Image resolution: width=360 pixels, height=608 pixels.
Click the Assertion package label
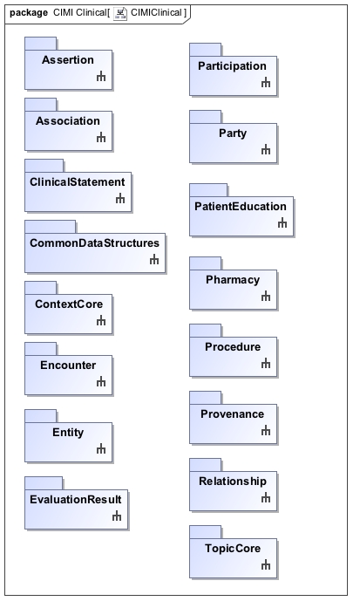(68, 60)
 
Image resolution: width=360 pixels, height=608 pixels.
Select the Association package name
(68, 121)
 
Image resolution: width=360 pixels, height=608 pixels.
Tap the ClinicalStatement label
(78, 182)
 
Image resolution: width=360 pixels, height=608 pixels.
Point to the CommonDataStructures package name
(94, 243)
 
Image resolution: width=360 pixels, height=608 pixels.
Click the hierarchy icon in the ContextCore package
(101, 321)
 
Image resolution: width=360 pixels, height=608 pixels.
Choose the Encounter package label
(68, 365)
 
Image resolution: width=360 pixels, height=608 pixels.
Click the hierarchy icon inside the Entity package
(101, 448)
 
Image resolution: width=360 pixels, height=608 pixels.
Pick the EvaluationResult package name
(76, 500)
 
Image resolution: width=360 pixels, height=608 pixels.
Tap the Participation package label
(232, 66)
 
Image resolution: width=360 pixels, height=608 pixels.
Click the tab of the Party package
(206, 117)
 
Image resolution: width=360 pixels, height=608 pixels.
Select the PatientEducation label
(241, 206)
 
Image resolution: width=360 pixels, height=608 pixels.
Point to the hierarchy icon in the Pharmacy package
(266, 297)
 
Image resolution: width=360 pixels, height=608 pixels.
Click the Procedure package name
(233, 347)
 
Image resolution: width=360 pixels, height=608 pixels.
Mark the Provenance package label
(232, 414)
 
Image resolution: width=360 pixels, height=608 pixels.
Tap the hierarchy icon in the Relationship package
(266, 497)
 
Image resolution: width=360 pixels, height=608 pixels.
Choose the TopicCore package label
(233, 549)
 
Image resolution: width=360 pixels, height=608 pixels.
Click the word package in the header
(29, 13)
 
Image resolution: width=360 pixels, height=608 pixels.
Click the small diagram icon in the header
(120, 14)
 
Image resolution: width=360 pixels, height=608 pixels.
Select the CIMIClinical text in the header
(156, 13)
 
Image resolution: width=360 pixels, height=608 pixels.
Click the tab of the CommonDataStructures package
(51, 227)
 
